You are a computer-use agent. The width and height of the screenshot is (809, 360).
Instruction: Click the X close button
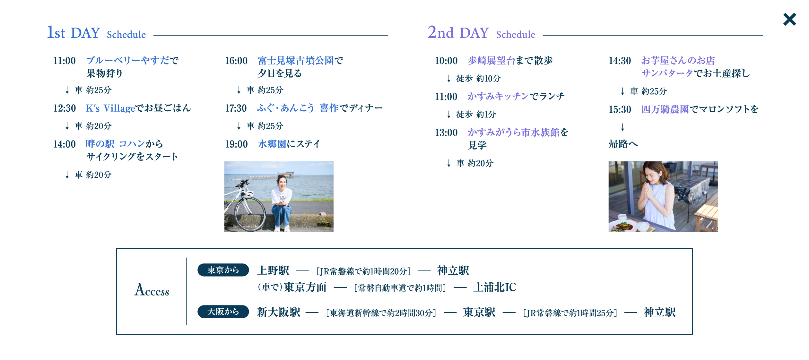789,19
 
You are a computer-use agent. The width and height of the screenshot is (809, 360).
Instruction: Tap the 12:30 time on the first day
65,108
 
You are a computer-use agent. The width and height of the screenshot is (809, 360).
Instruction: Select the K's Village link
110,108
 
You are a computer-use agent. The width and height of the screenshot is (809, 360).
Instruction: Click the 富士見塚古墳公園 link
296,61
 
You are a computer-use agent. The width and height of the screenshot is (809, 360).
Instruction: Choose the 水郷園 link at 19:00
272,144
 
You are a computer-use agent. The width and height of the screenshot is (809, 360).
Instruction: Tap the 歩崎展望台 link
491,61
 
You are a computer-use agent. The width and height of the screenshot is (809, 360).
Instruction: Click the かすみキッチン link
498,96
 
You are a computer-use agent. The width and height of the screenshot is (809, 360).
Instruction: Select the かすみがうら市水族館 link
514,132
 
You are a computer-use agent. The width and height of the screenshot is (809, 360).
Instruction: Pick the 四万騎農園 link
665,109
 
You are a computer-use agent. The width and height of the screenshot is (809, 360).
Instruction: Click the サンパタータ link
667,73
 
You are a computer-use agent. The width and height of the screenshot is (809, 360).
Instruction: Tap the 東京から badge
223,270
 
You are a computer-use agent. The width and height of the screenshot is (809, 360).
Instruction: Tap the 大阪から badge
223,312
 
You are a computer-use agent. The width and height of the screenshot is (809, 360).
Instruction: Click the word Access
152,290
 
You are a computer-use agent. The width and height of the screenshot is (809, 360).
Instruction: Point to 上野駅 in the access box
273,270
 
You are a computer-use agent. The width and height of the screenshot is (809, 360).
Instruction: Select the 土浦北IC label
495,287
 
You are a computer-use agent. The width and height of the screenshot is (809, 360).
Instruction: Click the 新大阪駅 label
279,312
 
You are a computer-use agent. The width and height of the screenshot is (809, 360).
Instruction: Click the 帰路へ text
623,144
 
